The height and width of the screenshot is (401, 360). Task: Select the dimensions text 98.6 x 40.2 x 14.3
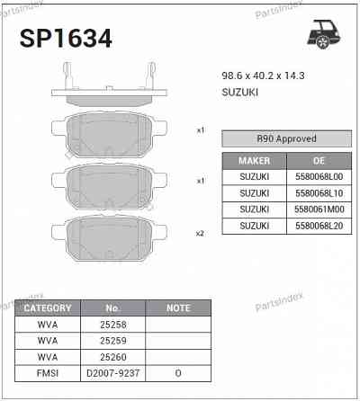tap(263, 76)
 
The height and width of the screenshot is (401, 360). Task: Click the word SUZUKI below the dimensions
tap(240, 93)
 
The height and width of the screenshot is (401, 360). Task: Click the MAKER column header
tap(254, 160)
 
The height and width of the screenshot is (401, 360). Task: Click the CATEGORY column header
tap(47, 307)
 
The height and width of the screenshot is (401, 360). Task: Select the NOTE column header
tap(178, 307)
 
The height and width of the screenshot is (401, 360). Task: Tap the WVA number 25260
tap(112, 355)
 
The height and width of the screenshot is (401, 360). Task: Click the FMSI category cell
tap(47, 371)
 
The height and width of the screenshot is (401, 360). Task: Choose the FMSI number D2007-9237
tap(112, 371)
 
